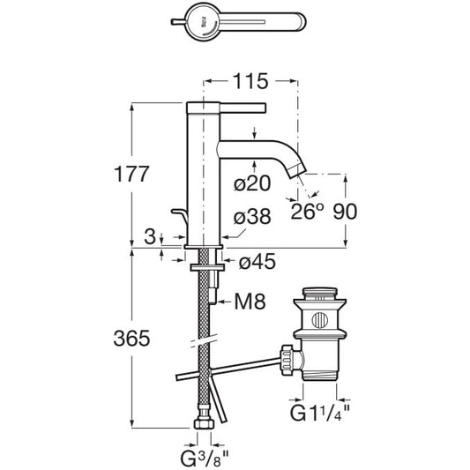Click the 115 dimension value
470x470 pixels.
pyautogui.click(x=250, y=81)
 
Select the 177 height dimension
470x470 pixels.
pyautogui.click(x=131, y=174)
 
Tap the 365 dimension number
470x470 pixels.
pyautogui.click(x=131, y=339)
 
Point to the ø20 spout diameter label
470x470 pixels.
pyautogui.click(x=252, y=183)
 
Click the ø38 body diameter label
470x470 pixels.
pyautogui.click(x=252, y=216)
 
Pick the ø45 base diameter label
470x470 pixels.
pyautogui.click(x=257, y=262)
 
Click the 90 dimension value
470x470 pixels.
pyautogui.click(x=345, y=212)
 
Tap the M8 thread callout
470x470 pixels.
pyautogui.click(x=250, y=302)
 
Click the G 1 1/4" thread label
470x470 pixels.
pyautogui.click(x=320, y=413)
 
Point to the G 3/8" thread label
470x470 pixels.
pyautogui.click(x=205, y=459)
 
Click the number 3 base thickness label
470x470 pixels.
pyautogui.click(x=150, y=236)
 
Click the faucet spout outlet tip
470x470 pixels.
pyautogui.click(x=297, y=173)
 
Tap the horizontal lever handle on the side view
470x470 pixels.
pyautogui.click(x=242, y=108)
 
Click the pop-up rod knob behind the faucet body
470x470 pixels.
pyautogui.click(x=180, y=216)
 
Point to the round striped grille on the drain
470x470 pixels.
pyautogui.click(x=320, y=320)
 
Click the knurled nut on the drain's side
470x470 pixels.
pyautogui.click(x=287, y=360)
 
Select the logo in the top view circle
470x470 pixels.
pyautogui.click(x=204, y=23)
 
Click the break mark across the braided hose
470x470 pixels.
pyautogui.click(x=204, y=340)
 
